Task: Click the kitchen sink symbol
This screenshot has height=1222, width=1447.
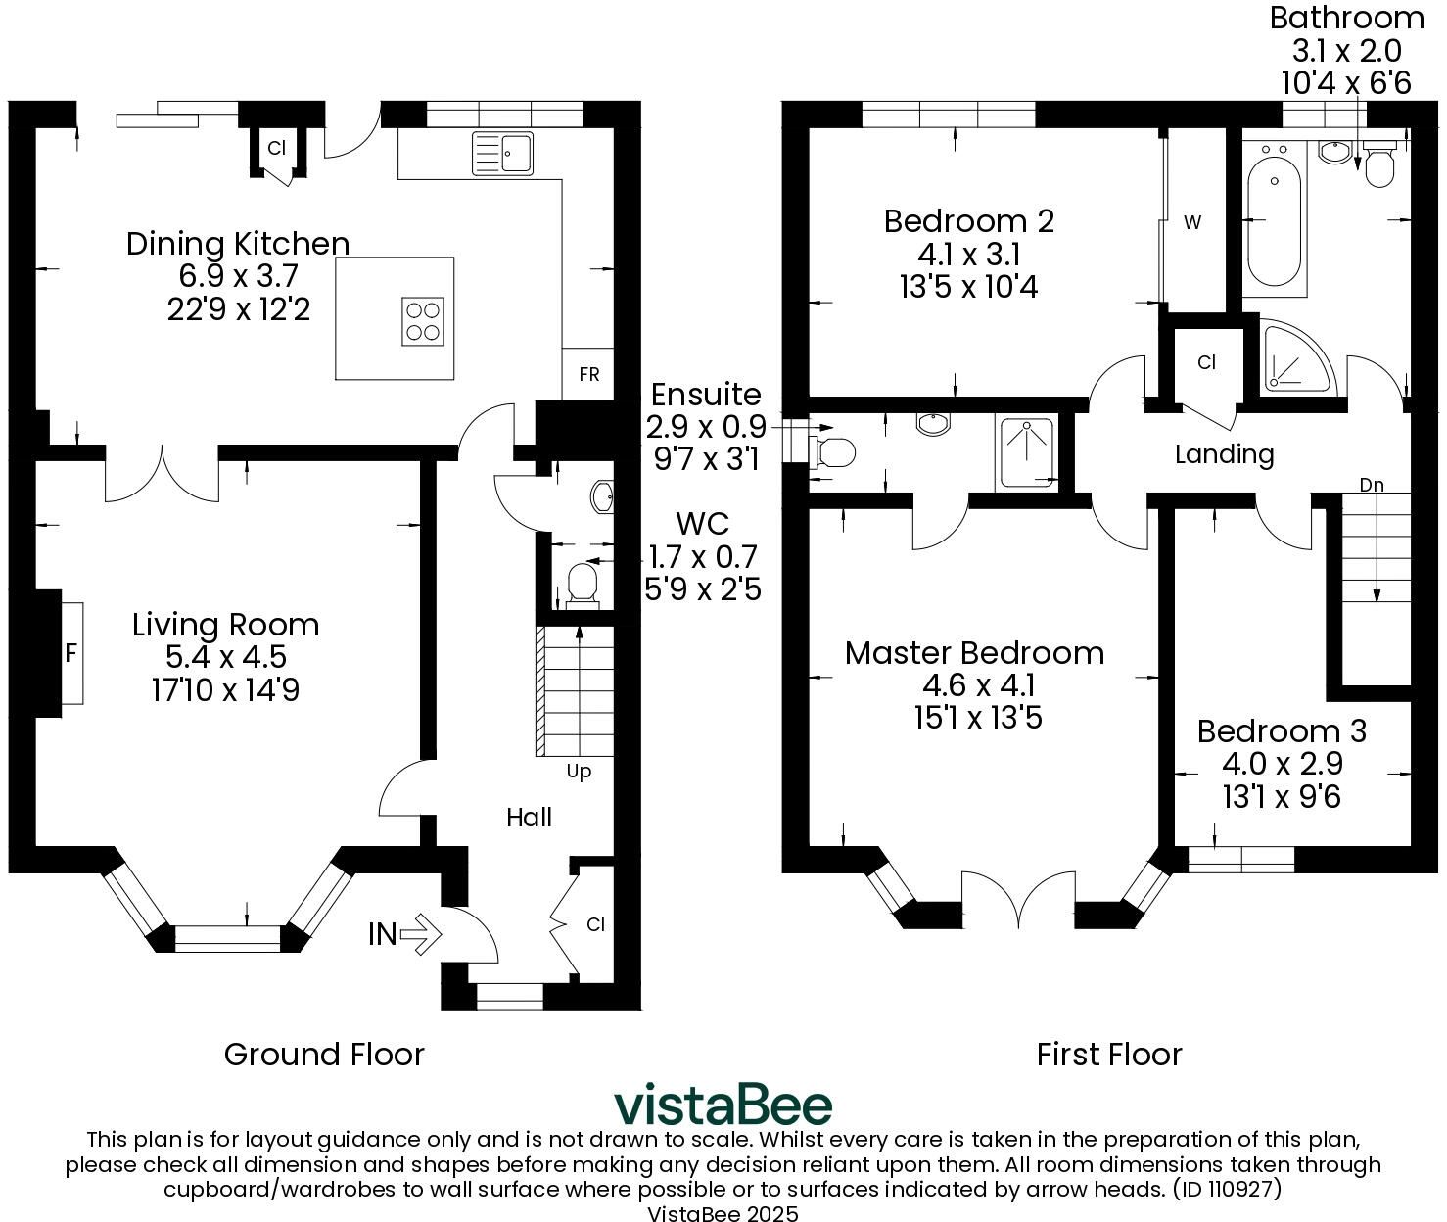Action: (x=502, y=153)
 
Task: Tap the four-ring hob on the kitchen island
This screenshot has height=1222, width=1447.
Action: (x=422, y=321)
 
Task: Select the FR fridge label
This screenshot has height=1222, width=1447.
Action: (x=588, y=374)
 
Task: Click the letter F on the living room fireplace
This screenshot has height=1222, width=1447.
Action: (x=70, y=653)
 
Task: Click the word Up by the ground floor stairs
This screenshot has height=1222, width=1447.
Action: (x=579, y=772)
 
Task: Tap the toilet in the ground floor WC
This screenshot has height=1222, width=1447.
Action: (x=583, y=585)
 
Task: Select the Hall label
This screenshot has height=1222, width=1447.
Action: (x=529, y=818)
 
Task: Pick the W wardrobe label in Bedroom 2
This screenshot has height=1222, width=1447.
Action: (x=1191, y=222)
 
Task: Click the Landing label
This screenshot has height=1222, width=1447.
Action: (x=1224, y=454)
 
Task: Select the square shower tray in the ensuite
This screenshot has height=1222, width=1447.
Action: (x=1026, y=453)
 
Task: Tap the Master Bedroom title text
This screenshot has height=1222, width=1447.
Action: (x=974, y=653)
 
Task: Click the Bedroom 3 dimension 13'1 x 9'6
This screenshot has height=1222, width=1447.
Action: (x=1282, y=797)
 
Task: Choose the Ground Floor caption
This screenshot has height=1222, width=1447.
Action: (x=324, y=1055)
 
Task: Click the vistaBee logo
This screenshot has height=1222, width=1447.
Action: (x=723, y=1105)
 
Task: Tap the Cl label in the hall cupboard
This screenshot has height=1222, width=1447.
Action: (x=595, y=924)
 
